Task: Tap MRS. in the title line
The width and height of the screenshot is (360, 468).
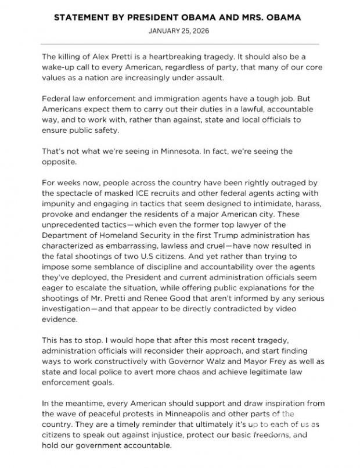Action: click(x=254, y=17)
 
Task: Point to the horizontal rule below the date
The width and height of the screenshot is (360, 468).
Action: click(x=180, y=44)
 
